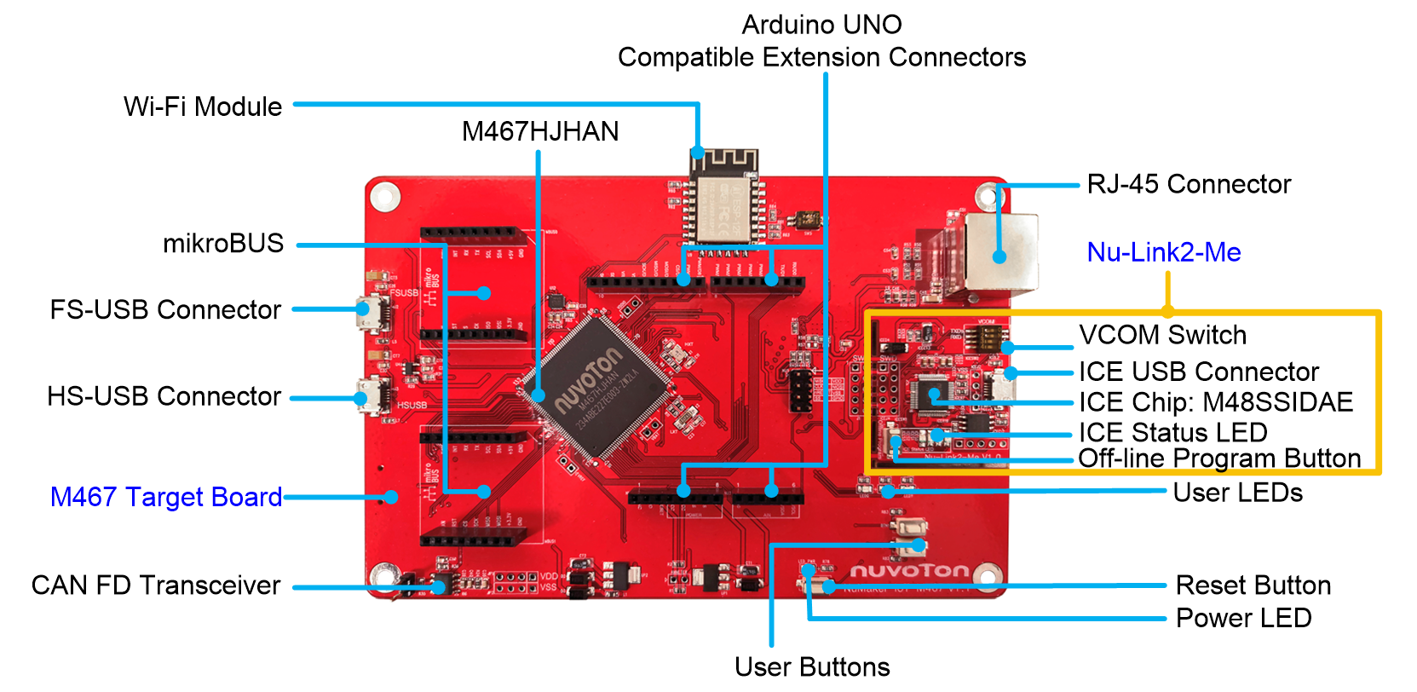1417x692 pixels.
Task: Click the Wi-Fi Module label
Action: (x=202, y=107)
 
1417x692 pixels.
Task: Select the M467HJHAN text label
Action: (x=540, y=131)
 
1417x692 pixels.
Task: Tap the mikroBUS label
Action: (x=223, y=243)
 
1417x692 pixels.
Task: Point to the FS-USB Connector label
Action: (x=165, y=309)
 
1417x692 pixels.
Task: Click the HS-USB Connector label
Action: (x=164, y=396)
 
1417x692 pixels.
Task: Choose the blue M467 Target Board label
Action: (x=166, y=497)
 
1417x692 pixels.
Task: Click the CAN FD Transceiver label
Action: (x=156, y=585)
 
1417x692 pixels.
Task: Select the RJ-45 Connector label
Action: (x=1189, y=184)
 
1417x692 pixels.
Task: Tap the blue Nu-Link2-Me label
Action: (x=1164, y=252)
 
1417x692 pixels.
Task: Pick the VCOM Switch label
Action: (x=1162, y=335)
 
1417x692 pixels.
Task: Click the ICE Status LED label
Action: (x=1172, y=432)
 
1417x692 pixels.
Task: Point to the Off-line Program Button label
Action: (x=1219, y=458)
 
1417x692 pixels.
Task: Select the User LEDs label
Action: (x=1237, y=493)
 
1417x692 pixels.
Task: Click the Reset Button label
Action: (x=1253, y=585)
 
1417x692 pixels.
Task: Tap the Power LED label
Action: (x=1243, y=618)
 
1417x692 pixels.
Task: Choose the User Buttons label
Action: (x=812, y=666)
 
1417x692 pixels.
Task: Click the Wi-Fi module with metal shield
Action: (x=723, y=205)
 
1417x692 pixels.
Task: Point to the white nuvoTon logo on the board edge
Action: (x=909, y=570)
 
